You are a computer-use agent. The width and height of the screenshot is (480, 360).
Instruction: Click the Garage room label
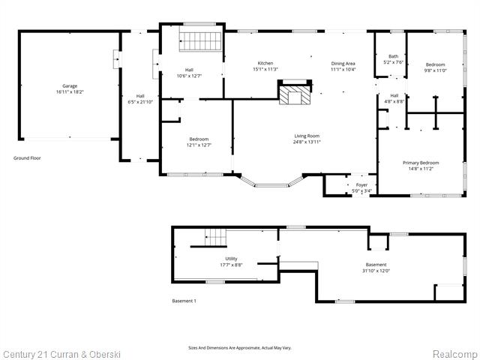(70, 86)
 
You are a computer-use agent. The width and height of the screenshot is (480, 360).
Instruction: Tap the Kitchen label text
(265, 63)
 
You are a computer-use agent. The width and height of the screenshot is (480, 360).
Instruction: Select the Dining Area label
(343, 63)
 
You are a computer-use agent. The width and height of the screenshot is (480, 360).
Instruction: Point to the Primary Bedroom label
(421, 163)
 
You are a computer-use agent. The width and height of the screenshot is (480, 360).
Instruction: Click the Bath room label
(393, 56)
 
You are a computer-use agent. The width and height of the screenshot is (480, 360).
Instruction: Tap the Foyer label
(361, 184)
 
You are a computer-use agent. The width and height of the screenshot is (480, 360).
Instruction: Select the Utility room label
(231, 258)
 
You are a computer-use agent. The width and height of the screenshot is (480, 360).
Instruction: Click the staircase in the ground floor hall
(201, 42)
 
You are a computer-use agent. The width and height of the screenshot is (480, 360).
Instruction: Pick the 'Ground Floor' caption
(28, 157)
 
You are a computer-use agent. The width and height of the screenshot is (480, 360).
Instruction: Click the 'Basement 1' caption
(184, 301)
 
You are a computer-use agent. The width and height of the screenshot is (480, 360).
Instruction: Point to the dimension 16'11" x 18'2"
(70, 92)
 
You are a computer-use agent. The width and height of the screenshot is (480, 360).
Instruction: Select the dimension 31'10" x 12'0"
(376, 271)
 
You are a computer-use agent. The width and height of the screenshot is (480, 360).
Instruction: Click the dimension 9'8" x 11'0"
(436, 70)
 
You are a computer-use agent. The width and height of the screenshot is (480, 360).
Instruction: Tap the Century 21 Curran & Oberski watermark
(61, 354)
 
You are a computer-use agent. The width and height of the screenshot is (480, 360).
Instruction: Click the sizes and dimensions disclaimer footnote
(240, 347)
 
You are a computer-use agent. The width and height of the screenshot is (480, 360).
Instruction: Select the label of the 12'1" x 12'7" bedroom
(199, 139)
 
